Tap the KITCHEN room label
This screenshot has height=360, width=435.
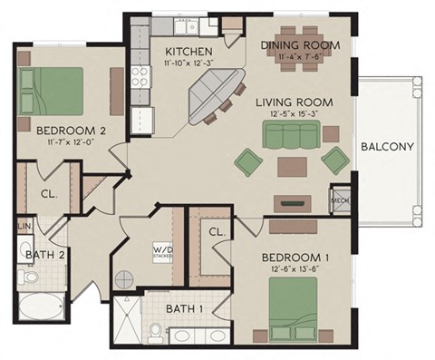pos(188,51)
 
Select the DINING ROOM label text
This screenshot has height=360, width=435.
pos(300,44)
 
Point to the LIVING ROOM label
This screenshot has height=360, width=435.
pos(293,102)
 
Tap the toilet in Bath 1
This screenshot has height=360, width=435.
pos(154,336)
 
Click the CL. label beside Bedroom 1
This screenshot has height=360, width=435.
pos(217,232)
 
